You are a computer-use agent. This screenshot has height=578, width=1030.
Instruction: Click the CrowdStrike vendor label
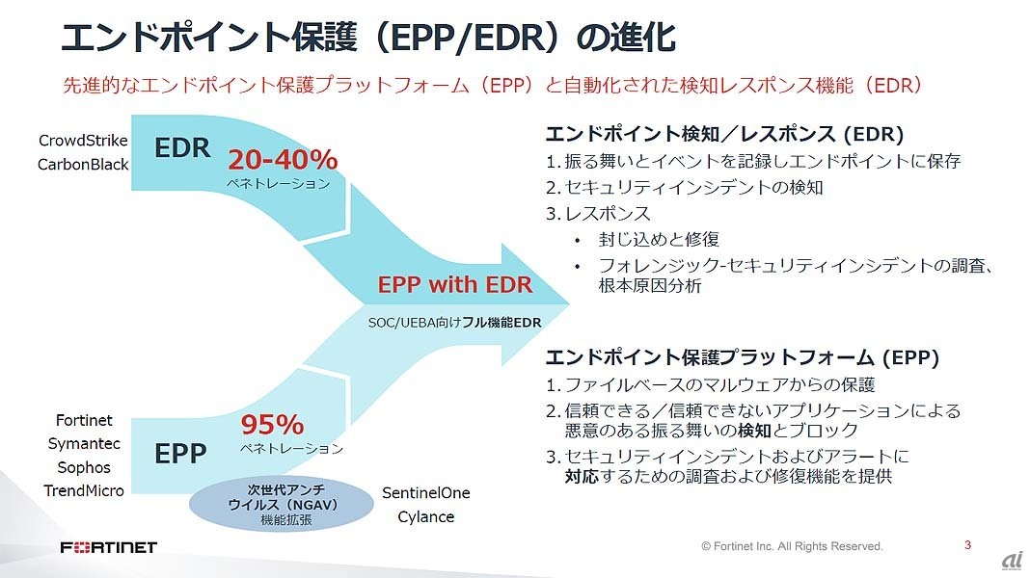[84, 141]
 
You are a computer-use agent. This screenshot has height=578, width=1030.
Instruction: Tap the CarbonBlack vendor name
[83, 164]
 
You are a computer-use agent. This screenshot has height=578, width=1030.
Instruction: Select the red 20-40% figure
[284, 159]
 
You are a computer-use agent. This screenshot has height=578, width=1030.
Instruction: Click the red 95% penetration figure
[273, 425]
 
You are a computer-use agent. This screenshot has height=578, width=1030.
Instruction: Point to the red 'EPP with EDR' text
[454, 284]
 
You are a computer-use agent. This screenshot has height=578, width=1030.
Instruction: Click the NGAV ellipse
[282, 504]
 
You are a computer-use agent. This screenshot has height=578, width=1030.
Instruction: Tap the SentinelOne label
[426, 492]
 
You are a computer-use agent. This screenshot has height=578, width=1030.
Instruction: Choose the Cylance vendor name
[425, 517]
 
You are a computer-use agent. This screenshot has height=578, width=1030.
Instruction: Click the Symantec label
[84, 443]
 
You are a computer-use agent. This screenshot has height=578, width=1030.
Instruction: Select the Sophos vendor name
[84, 467]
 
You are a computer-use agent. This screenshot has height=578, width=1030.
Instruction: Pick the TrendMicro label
[84, 490]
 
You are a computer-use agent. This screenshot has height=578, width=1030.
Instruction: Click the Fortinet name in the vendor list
[84, 420]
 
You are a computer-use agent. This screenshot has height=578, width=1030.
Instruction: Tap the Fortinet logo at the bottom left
[109, 547]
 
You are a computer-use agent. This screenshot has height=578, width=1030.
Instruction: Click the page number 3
[967, 544]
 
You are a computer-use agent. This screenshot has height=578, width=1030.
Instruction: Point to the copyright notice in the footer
[792, 546]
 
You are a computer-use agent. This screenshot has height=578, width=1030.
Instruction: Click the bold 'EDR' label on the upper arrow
[182, 147]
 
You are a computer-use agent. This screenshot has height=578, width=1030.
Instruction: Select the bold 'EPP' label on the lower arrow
[180, 454]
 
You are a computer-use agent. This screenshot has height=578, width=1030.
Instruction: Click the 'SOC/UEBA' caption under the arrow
[454, 322]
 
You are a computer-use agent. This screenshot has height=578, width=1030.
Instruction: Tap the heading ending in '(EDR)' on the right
[724, 134]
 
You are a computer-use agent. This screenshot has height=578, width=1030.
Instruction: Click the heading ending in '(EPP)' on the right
[743, 356]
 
